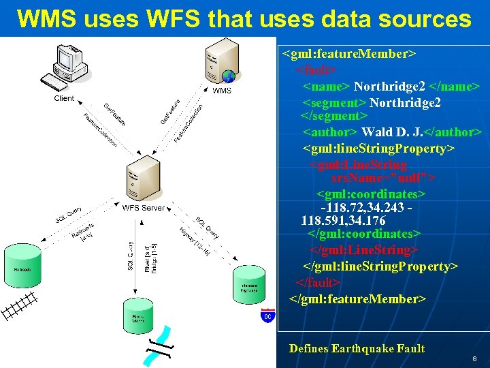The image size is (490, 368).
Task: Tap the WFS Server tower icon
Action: point(141,178)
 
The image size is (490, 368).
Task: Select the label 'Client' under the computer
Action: point(64,99)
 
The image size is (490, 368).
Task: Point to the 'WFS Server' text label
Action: point(143,208)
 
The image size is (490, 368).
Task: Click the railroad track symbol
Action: point(18,304)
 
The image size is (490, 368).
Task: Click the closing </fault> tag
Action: point(318,282)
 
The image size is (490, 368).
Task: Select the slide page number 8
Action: point(473,358)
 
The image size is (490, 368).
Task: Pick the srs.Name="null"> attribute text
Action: point(383,179)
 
